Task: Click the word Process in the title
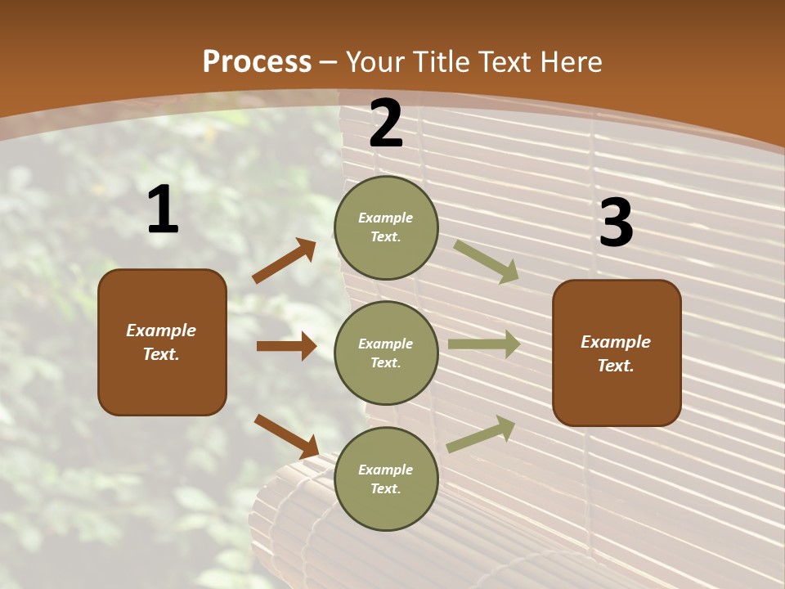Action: (x=257, y=61)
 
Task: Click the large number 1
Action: (x=163, y=210)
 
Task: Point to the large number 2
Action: (x=386, y=124)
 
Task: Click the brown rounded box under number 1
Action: (x=162, y=342)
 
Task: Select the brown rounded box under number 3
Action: (x=617, y=353)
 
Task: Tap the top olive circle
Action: (x=386, y=227)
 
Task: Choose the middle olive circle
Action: (x=386, y=353)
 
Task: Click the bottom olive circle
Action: (x=386, y=479)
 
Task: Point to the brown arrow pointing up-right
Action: (x=285, y=261)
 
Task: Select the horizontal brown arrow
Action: (x=286, y=346)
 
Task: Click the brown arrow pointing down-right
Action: (x=286, y=436)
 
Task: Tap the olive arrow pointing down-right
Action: (x=487, y=262)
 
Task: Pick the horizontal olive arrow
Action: (x=484, y=344)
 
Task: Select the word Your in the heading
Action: (x=375, y=61)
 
